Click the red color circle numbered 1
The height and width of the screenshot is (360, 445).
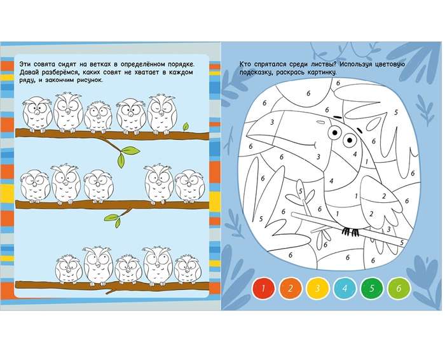[x=263, y=289]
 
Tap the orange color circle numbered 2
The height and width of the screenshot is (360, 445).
[x=291, y=289]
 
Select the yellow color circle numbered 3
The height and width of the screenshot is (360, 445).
[x=318, y=289]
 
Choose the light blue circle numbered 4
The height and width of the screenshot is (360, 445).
[x=345, y=289]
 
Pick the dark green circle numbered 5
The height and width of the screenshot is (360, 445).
[x=372, y=289]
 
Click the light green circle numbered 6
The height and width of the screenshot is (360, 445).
[x=399, y=289]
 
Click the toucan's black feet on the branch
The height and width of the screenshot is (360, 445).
[x=350, y=232]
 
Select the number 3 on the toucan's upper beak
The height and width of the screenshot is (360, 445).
[x=272, y=122]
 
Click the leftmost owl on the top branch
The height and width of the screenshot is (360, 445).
[x=37, y=114]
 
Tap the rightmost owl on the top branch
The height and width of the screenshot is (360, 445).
[x=162, y=114]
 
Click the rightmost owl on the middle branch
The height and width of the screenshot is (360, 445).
[x=189, y=186]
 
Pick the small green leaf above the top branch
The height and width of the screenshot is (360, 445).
[x=186, y=127]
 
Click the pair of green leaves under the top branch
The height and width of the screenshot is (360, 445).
[x=127, y=156]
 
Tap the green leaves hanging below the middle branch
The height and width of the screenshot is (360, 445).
[x=113, y=220]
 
